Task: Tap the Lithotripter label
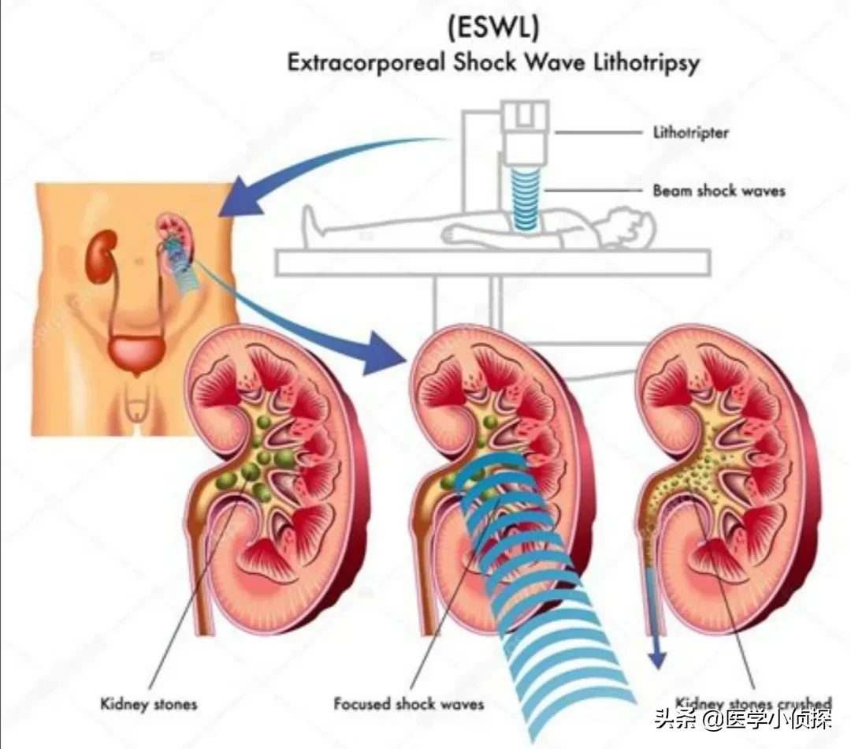pos(691,132)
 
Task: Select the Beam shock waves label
pos(719,190)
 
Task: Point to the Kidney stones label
pos(149,703)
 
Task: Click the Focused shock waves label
pos(408,703)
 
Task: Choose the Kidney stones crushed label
pos(753,703)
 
